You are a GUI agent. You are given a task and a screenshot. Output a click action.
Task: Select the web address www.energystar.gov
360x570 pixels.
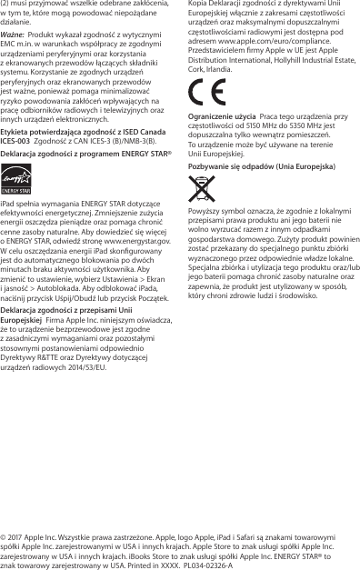coord(138,240)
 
